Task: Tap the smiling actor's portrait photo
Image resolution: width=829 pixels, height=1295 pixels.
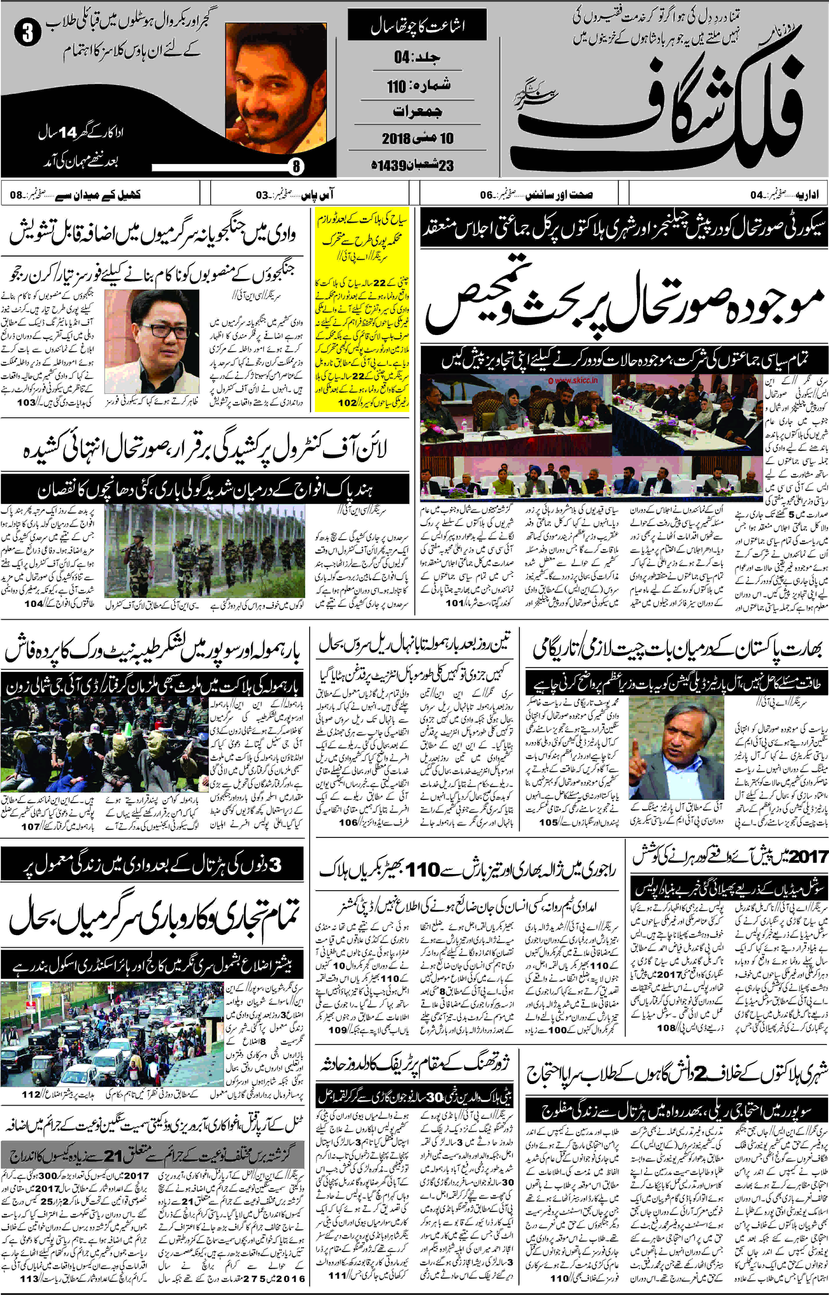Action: click(x=276, y=89)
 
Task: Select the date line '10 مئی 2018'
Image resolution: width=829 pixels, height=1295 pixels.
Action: click(x=418, y=138)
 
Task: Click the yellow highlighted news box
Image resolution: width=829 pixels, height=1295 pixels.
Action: click(x=362, y=309)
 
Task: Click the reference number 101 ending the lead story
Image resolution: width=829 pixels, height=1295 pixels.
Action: click(x=455, y=603)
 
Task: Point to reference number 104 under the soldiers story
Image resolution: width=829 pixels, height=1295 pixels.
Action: click(x=33, y=604)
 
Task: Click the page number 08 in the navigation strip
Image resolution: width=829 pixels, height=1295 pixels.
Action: click(x=16, y=195)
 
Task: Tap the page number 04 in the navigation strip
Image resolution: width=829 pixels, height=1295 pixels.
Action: click(x=756, y=195)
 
